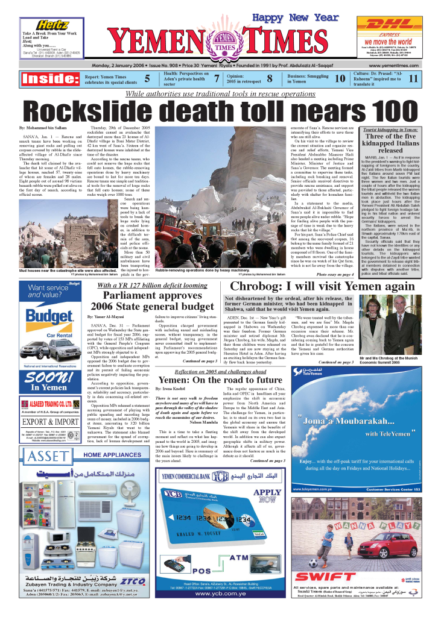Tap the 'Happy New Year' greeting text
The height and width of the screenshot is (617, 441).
(295, 18)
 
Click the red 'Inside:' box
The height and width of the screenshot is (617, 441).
(50, 78)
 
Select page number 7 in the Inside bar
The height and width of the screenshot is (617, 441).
(217, 78)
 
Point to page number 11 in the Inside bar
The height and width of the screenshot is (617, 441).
(413, 78)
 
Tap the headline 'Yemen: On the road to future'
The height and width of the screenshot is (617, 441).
(220, 380)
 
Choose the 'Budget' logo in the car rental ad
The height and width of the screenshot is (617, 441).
(49, 333)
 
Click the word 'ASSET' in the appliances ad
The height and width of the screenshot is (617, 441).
(43, 438)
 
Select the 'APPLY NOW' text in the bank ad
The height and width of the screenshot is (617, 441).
(270, 496)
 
